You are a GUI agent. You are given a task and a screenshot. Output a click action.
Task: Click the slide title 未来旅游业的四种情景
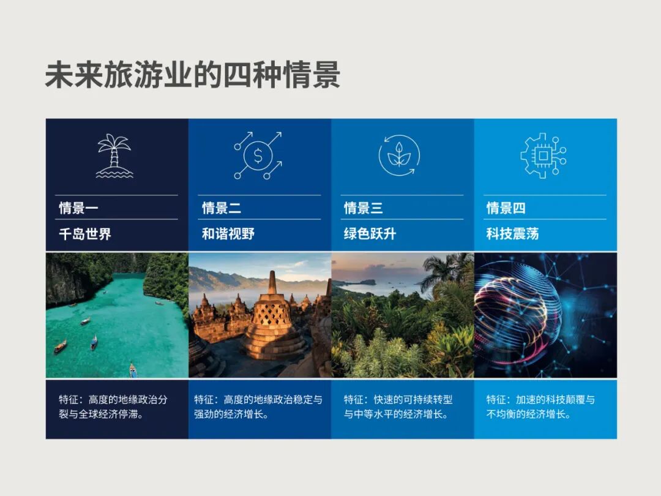192,75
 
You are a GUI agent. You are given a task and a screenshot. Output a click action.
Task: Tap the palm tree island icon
114,156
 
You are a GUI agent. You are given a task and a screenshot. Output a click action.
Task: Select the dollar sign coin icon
258,156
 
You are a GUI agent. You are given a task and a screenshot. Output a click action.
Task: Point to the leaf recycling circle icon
399,156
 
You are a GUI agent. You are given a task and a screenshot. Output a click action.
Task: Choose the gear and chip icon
543,156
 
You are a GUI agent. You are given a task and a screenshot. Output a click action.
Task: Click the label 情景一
78,208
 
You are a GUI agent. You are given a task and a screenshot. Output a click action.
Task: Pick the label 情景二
222,208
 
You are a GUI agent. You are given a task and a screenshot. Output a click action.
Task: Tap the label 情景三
364,208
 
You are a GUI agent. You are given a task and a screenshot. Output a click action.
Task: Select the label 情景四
506,208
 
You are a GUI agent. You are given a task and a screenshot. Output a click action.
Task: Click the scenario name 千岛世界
85,234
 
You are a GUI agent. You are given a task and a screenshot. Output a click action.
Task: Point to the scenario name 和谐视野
228,234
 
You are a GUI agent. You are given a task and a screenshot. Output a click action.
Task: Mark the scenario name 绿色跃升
370,234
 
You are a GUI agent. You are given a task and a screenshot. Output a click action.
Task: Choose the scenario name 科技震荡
513,234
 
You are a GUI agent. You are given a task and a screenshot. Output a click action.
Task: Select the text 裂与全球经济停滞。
101,414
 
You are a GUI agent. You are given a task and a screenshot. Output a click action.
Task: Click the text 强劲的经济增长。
231,414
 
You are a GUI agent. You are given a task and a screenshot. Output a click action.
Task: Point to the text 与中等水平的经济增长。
396,414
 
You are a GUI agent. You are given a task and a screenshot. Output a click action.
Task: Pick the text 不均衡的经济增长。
529,414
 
